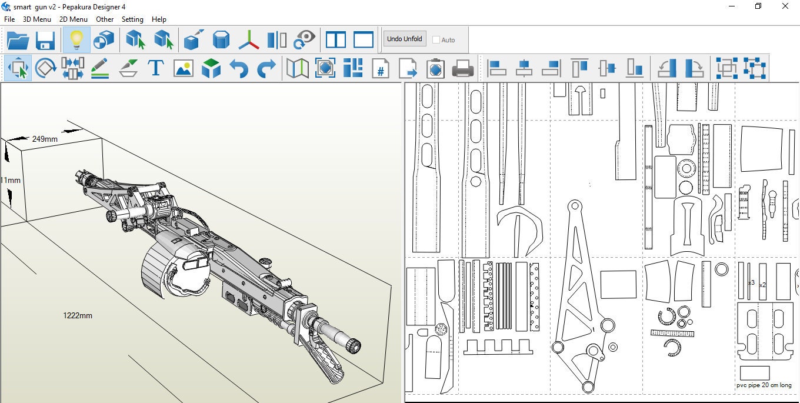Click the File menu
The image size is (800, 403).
point(9,19)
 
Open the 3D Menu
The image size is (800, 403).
point(36,19)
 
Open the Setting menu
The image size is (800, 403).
point(132,19)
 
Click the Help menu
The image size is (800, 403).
point(159,19)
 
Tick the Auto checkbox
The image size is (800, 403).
point(436,40)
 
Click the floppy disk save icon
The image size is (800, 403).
point(45,40)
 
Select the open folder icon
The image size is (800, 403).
point(18,40)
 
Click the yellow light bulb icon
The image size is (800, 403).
point(76,40)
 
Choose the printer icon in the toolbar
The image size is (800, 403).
point(463,68)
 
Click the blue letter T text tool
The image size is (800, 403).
point(155,68)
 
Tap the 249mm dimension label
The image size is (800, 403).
point(45,139)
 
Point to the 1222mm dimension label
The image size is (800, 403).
point(78,316)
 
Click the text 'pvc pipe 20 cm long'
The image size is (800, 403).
point(764,385)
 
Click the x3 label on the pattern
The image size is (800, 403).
point(751,283)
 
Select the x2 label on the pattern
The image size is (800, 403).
point(763,285)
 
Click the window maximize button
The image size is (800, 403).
point(758,6)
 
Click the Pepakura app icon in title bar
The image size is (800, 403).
point(6,6)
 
